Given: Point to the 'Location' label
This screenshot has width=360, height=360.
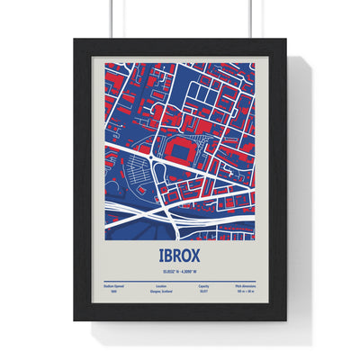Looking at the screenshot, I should [x=161, y=282].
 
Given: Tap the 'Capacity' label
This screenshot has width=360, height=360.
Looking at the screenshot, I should [x=206, y=282].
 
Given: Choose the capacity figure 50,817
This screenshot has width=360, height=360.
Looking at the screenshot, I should [x=205, y=291].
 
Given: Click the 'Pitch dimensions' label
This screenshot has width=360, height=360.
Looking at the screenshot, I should [x=249, y=282].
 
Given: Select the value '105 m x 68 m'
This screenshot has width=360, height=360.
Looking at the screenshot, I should [x=248, y=291].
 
